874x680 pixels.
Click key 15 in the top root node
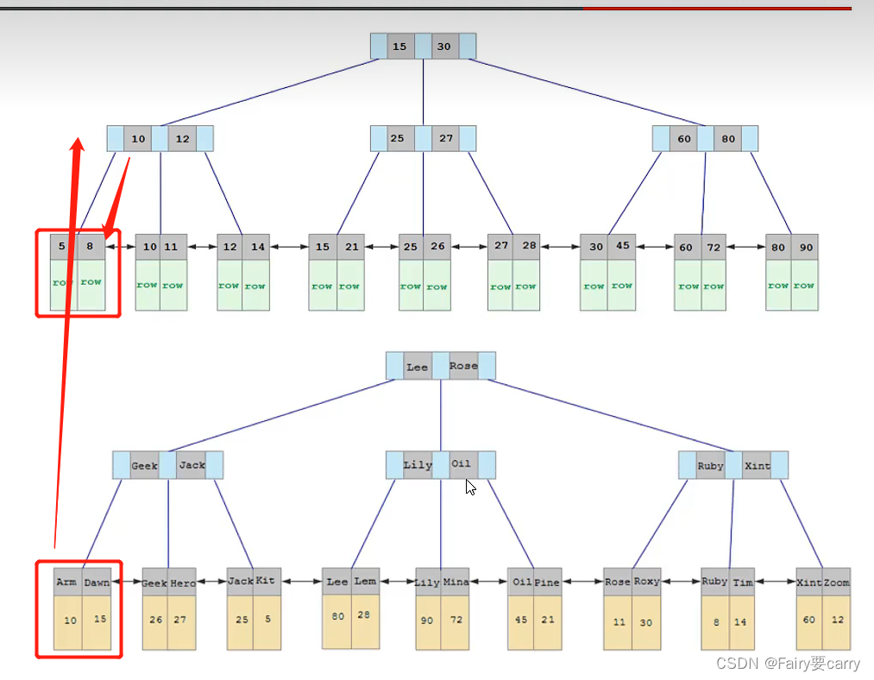399,47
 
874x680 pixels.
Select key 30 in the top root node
443,47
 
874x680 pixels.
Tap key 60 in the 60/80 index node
683,139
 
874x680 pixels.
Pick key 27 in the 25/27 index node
445,138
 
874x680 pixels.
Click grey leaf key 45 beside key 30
623,247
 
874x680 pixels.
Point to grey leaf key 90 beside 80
805,248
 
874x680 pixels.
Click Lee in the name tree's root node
417,367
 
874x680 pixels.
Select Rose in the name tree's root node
463,366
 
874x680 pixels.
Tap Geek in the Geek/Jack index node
144,466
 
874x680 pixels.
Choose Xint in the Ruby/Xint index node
757,466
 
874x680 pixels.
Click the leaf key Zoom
836,582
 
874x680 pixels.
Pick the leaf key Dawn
97,582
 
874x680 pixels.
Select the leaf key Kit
266,581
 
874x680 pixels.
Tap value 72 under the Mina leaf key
456,620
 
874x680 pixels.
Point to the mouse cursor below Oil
470,488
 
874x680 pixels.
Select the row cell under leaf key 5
63,282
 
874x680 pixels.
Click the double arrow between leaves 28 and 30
561,248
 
